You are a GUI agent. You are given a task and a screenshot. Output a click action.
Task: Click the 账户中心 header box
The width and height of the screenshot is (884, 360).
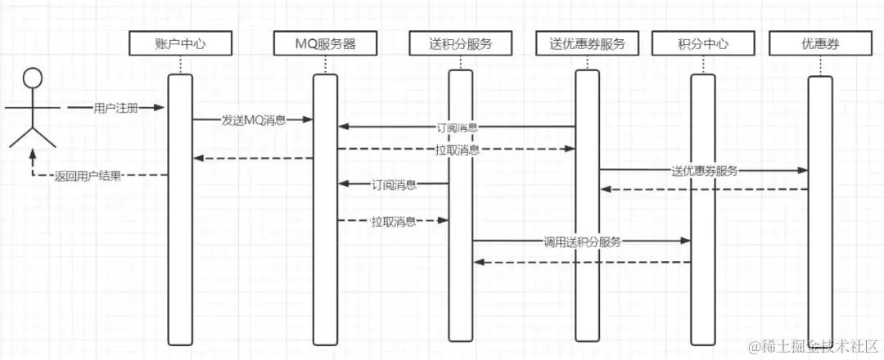click(x=180, y=43)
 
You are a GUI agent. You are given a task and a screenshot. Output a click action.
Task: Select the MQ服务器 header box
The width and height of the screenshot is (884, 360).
click(x=325, y=43)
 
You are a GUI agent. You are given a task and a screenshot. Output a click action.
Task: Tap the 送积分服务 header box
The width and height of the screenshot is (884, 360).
click(x=460, y=43)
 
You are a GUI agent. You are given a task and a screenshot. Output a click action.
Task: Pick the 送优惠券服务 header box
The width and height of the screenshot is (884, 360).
click(x=587, y=43)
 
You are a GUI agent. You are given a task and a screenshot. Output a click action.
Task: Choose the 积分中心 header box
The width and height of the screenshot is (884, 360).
click(x=703, y=43)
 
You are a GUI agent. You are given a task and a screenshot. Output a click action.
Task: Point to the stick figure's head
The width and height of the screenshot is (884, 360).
click(x=32, y=79)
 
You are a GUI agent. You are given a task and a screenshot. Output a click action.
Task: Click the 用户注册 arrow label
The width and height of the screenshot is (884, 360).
click(x=116, y=108)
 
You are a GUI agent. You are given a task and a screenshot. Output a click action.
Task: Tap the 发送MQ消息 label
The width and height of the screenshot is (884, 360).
click(x=254, y=120)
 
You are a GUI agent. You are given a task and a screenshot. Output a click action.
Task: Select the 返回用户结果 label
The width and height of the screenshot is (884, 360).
click(x=88, y=175)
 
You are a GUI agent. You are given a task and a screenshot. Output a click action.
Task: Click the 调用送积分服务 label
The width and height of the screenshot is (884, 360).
click(x=582, y=241)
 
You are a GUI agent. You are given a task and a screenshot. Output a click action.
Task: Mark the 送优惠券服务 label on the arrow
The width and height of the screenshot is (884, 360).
click(x=704, y=171)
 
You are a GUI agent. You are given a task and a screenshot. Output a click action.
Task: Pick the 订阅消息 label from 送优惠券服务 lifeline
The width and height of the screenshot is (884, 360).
click(x=457, y=128)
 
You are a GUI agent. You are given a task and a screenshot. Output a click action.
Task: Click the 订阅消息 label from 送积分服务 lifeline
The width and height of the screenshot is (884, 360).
click(x=394, y=185)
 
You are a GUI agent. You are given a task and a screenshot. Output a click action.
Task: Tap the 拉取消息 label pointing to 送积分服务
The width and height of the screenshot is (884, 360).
click(x=393, y=221)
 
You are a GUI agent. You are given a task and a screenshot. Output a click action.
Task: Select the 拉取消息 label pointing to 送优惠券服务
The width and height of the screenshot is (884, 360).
click(x=458, y=150)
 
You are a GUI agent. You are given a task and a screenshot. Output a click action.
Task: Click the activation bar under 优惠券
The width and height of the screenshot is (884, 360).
click(x=819, y=213)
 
